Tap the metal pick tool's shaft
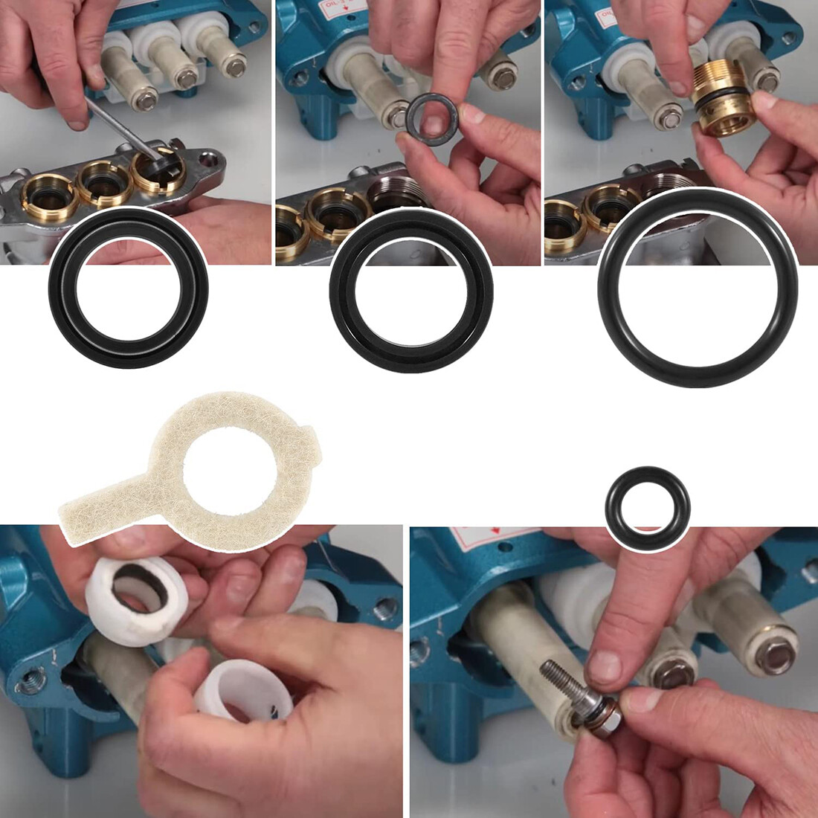pos(119,123)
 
